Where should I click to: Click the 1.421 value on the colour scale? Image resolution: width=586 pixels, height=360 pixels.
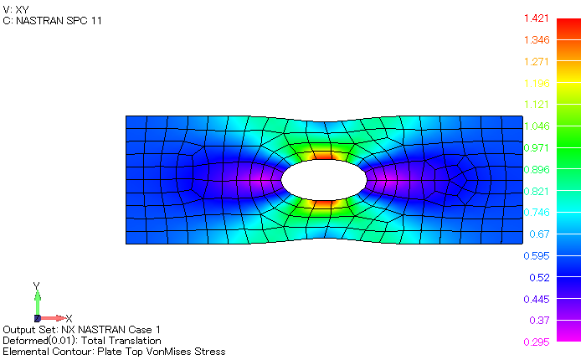[x=536, y=18]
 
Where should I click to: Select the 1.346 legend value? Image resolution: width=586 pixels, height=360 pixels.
[x=536, y=40]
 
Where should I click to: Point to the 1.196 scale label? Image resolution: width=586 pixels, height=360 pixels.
[x=536, y=83]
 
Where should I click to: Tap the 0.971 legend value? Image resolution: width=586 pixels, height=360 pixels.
[x=536, y=147]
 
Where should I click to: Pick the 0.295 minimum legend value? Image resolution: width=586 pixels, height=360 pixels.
[x=536, y=342]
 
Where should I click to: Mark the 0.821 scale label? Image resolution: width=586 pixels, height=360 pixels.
[x=536, y=191]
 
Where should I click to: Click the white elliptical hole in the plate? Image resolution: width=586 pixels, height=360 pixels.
[x=323, y=179]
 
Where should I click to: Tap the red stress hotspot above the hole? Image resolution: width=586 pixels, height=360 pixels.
[x=323, y=155]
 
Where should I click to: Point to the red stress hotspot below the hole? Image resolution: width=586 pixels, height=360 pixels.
[x=323, y=203]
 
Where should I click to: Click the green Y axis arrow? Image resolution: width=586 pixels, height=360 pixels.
[x=37, y=302]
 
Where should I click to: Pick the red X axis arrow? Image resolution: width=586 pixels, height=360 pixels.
[x=53, y=318]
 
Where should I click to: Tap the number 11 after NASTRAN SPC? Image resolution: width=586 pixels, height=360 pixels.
[x=97, y=20]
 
